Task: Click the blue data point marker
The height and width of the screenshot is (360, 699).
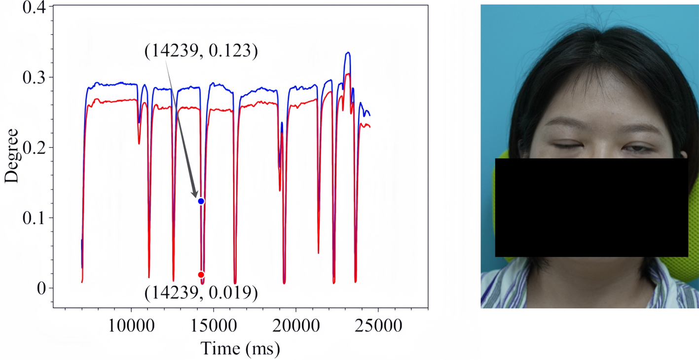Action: point(201,201)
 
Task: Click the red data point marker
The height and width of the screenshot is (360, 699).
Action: point(201,275)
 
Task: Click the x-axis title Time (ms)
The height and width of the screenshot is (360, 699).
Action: point(240,349)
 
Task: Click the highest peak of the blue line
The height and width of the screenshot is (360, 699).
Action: point(348,52)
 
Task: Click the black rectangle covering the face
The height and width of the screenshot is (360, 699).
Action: point(591,207)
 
